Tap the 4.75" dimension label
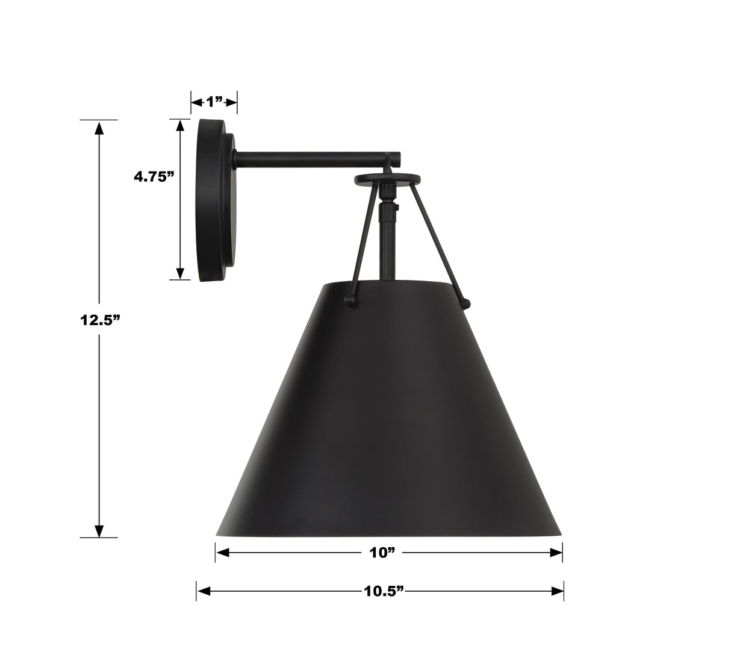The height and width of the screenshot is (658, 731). (x=154, y=176)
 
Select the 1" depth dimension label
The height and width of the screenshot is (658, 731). (x=214, y=102)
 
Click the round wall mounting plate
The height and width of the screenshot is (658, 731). (x=211, y=200)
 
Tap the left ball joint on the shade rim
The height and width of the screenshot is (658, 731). (x=347, y=299)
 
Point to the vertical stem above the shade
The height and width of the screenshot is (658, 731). (x=385, y=247)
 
